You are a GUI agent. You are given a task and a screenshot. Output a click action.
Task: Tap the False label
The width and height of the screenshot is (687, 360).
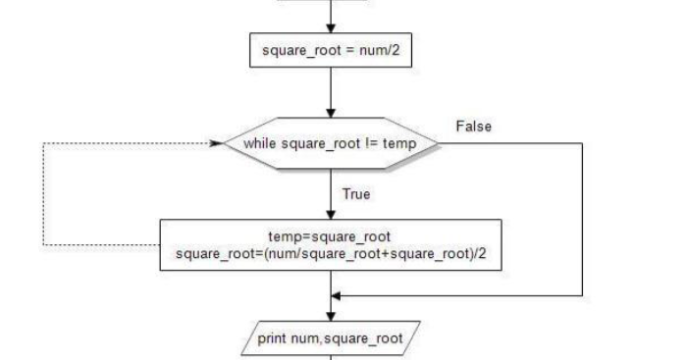point(473,127)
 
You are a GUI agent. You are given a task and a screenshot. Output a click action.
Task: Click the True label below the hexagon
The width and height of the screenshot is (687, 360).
point(355,194)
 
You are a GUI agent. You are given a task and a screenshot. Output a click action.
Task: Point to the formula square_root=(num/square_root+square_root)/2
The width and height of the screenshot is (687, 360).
point(331,254)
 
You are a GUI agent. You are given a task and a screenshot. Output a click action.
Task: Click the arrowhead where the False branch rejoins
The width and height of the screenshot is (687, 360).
point(337,294)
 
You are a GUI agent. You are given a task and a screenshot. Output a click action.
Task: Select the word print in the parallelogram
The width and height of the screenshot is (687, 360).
point(272,339)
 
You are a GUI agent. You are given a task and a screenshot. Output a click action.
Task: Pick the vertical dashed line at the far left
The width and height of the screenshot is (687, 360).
point(42,194)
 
